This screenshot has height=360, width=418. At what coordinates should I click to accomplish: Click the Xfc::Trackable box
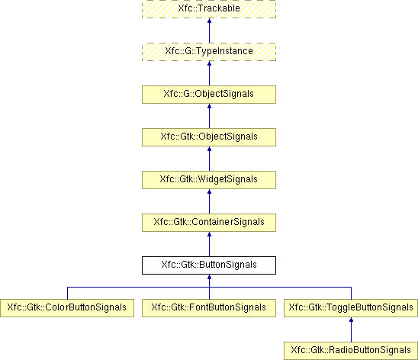[209, 9]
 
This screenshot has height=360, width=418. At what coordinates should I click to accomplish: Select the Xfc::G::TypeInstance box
[209, 52]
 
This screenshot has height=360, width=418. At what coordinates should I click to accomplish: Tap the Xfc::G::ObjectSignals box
[209, 95]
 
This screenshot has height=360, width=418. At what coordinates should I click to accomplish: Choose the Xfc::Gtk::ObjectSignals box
[209, 137]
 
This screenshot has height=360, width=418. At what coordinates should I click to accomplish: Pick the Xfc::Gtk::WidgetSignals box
[209, 180]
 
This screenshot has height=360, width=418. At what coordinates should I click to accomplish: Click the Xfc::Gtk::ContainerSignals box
[209, 223]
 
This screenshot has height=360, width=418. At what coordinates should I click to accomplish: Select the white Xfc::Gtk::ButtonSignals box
[209, 265]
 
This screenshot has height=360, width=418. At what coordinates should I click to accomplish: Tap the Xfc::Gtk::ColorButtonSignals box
[67, 308]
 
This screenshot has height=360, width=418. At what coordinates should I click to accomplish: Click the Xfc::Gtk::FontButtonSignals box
[209, 308]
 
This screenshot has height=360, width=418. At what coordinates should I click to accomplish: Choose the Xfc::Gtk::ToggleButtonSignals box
[351, 308]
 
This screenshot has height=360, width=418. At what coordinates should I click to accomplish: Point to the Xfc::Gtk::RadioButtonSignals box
[351, 351]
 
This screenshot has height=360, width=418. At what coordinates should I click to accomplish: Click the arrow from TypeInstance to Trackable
[209, 31]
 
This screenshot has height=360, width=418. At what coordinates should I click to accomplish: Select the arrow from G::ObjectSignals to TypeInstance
[209, 73]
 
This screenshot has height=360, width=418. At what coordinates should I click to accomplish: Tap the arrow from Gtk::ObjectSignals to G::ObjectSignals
[209, 116]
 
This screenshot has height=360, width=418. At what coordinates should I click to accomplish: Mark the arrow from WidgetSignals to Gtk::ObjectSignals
[209, 159]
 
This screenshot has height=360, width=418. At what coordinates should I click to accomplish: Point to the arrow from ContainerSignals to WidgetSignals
[209, 201]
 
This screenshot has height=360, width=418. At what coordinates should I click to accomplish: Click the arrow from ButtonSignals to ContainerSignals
[209, 244]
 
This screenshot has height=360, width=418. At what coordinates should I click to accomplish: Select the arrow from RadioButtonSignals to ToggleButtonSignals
[351, 329]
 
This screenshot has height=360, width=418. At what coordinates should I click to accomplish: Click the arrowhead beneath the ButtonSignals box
[209, 277]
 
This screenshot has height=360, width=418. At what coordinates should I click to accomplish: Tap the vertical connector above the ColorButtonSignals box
[67, 293]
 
